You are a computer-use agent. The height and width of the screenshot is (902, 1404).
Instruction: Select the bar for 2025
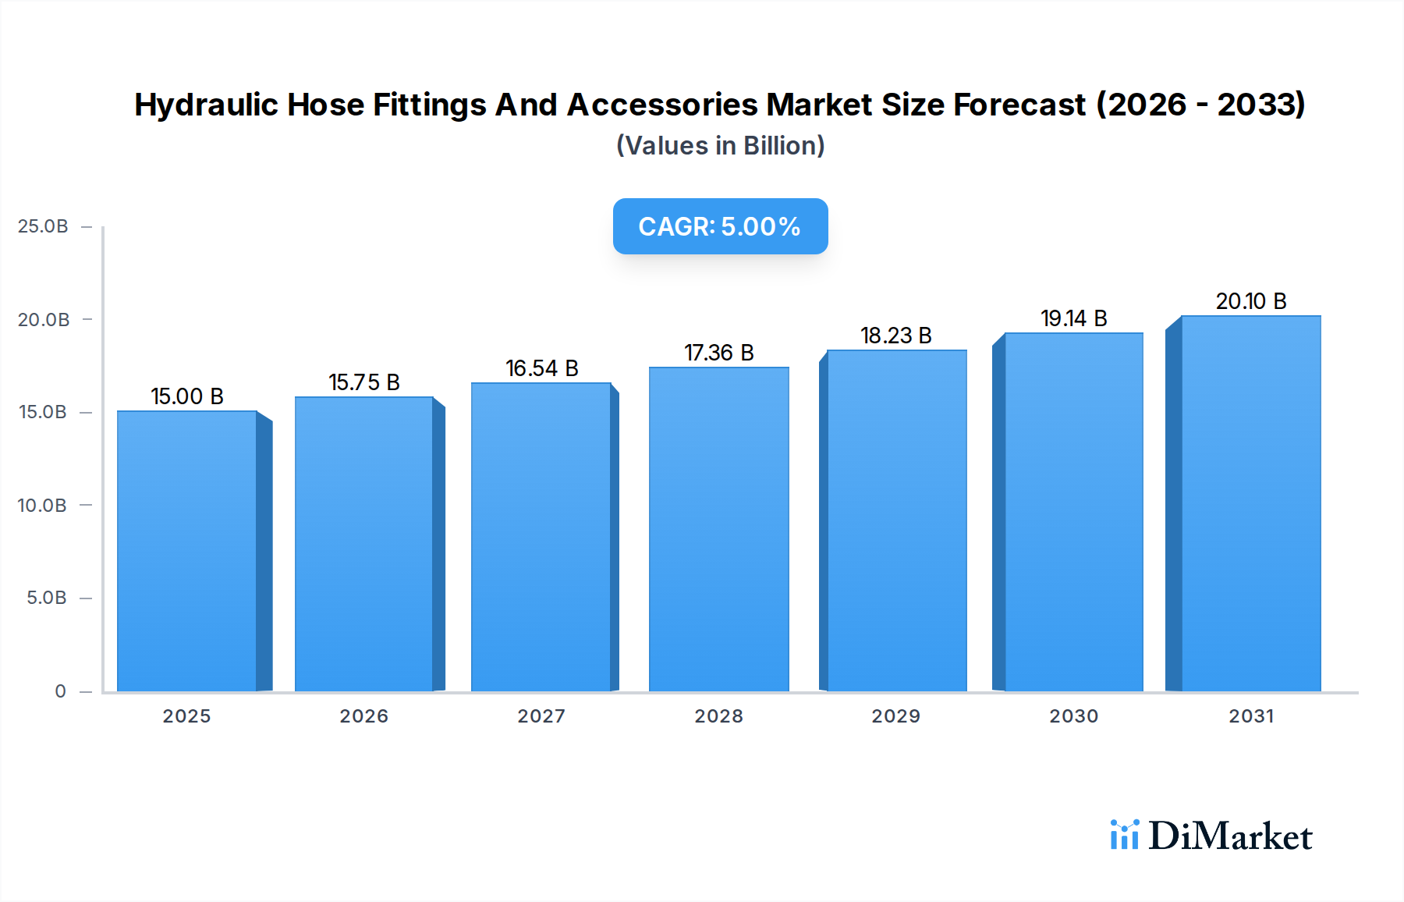tap(187, 551)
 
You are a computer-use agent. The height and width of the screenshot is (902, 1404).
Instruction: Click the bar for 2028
tap(718, 529)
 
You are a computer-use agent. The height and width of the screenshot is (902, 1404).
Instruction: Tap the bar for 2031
tap(1250, 503)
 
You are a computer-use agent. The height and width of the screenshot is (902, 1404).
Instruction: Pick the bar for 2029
tap(896, 520)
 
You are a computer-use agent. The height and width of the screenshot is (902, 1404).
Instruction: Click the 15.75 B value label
tap(364, 382)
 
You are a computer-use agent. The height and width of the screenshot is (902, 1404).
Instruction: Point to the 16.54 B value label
tap(542, 368)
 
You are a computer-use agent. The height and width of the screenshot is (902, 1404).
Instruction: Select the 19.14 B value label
tap(1074, 318)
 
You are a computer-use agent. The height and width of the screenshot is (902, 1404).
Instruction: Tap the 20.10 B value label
tap(1251, 301)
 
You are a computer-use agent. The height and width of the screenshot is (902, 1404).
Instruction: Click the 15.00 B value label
tap(187, 396)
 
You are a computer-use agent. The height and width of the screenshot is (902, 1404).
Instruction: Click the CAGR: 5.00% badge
tap(720, 226)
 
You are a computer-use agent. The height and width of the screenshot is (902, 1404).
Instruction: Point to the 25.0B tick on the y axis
tap(43, 226)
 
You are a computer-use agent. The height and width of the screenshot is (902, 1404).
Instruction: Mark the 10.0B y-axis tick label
tap(42, 506)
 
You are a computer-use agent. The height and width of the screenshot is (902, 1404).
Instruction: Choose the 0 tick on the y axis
tap(60, 691)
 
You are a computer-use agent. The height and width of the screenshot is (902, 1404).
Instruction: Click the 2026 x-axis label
tap(364, 716)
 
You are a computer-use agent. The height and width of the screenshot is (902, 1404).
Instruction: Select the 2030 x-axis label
tap(1074, 716)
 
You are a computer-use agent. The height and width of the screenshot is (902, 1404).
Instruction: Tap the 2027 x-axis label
tap(542, 716)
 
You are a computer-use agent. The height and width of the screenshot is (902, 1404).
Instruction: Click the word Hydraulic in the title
tap(206, 105)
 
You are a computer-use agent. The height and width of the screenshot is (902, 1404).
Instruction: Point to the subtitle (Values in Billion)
tap(720, 146)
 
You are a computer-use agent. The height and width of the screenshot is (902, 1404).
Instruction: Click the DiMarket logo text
tap(1230, 836)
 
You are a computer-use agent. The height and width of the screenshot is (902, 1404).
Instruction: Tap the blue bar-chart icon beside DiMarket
tap(1124, 835)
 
